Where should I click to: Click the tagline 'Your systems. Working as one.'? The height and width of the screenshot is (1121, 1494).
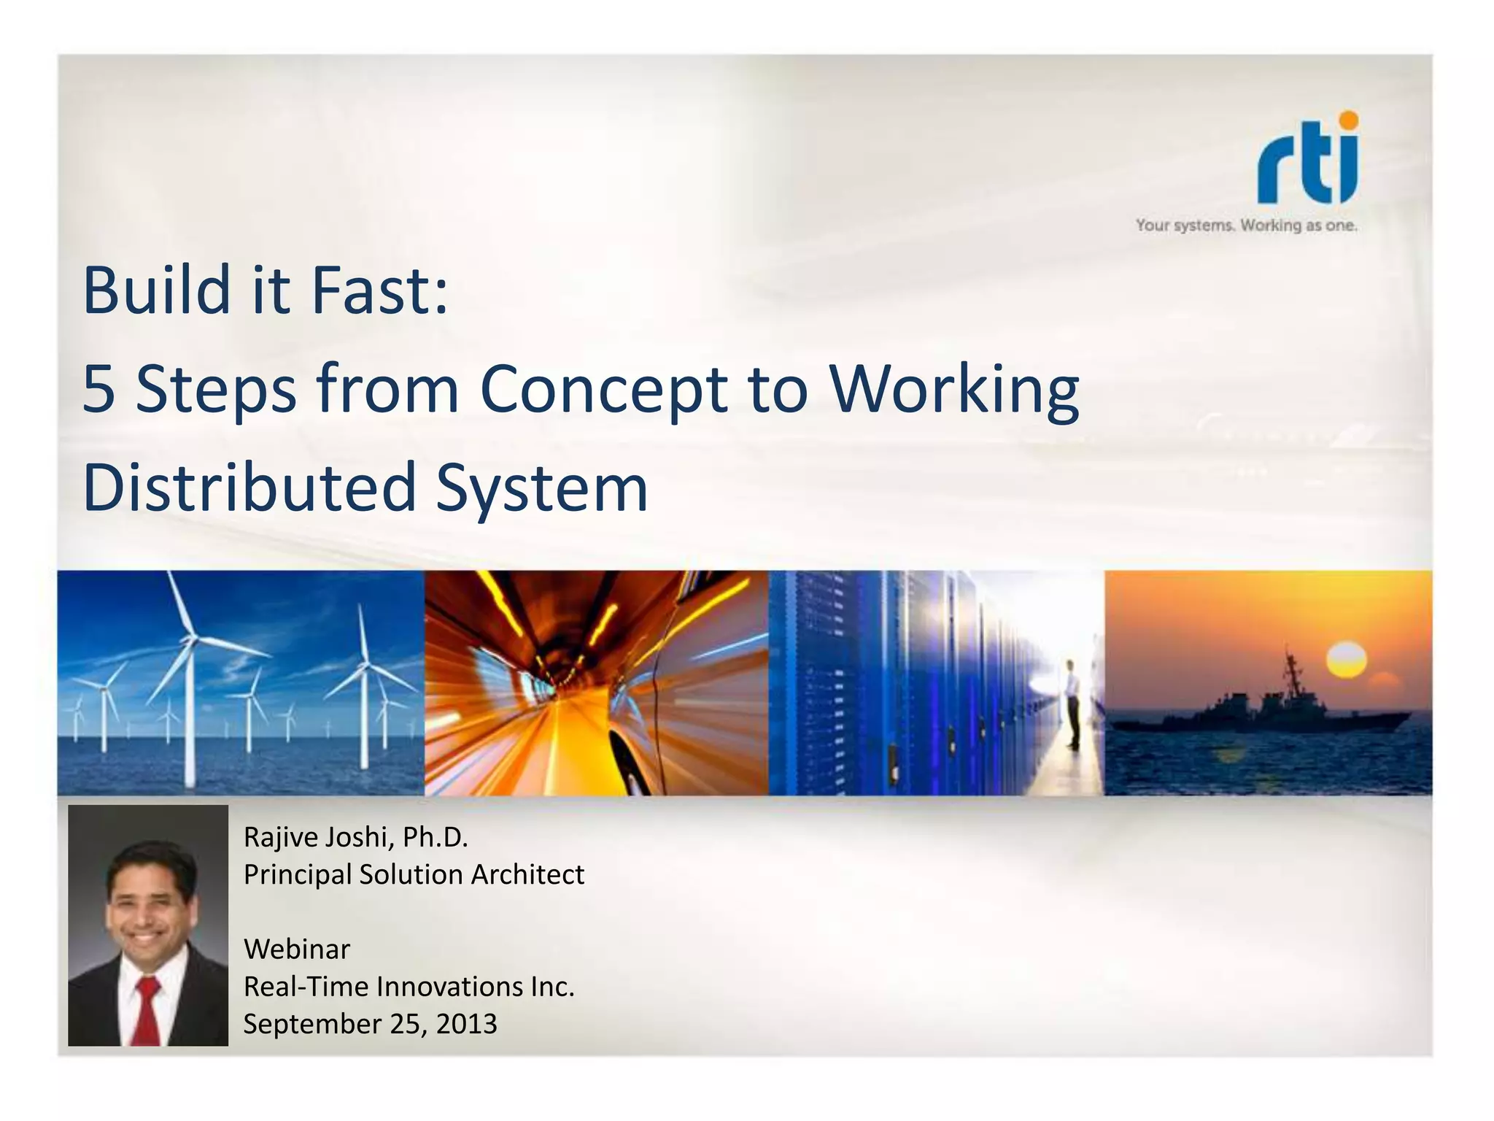pyautogui.click(x=1246, y=226)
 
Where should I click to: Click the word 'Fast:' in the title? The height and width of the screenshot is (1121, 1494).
pyautogui.click(x=379, y=290)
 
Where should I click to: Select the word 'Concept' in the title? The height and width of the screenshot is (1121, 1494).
pyautogui.click(x=603, y=389)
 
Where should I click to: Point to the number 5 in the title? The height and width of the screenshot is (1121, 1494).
pyautogui.click(x=99, y=389)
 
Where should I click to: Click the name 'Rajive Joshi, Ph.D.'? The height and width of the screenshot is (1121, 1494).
pyautogui.click(x=355, y=837)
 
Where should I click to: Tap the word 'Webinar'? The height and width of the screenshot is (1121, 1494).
pyautogui.click(x=297, y=949)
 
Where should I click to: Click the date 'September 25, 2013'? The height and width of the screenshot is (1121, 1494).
pyautogui.click(x=370, y=1024)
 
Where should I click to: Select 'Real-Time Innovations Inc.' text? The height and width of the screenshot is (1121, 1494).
pyautogui.click(x=409, y=987)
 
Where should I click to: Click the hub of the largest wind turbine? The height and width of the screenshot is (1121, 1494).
pyautogui.click(x=191, y=640)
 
